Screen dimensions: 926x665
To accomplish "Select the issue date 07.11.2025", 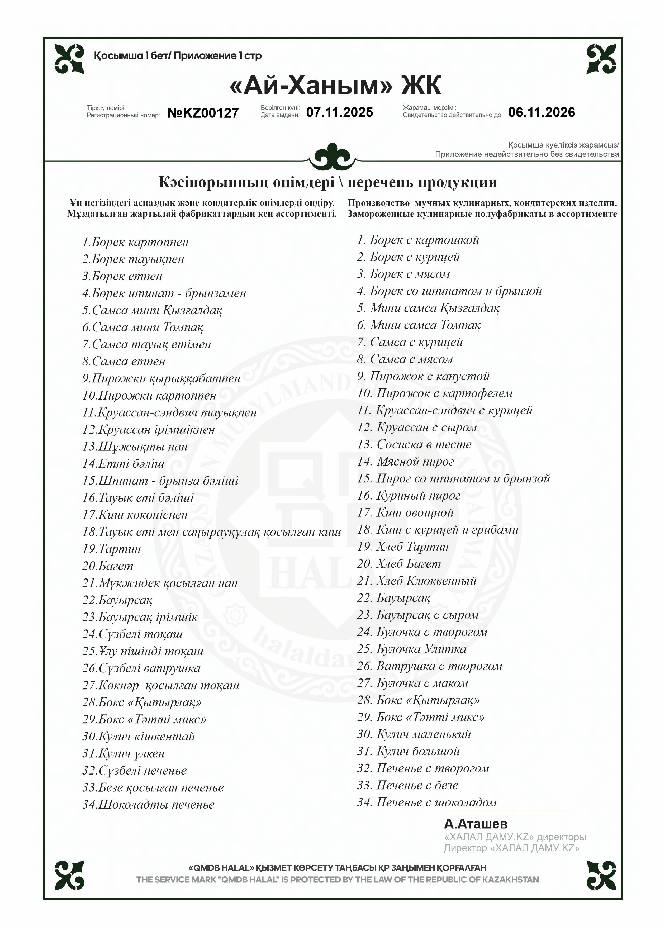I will pyautogui.click(x=339, y=112).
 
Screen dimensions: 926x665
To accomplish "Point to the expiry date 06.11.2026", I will pyautogui.click(x=541, y=112).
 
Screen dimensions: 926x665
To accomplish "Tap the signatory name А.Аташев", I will pyautogui.click(x=476, y=824).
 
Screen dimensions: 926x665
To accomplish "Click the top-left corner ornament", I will pyautogui.click(x=69, y=59).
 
